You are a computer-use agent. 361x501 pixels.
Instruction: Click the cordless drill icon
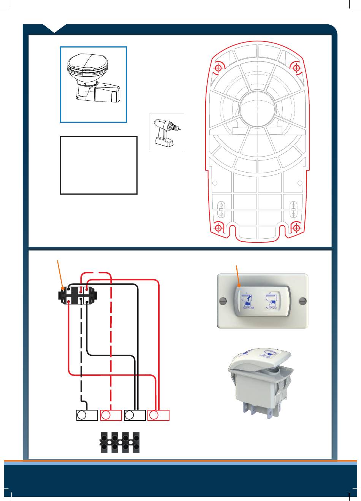point(166,132)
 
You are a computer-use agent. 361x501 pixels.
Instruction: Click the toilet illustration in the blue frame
point(93,79)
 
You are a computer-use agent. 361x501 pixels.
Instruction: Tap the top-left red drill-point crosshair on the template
point(218,68)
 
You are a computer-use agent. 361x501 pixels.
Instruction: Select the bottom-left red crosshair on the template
point(218,228)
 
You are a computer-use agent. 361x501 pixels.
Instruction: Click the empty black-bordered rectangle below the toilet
point(99,165)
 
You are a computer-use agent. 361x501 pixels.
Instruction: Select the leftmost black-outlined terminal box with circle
point(87,415)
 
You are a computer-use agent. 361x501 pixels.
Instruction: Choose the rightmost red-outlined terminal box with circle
point(158,415)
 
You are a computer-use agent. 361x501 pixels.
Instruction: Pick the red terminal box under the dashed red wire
point(111,415)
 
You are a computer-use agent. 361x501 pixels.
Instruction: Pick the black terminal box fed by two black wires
point(135,415)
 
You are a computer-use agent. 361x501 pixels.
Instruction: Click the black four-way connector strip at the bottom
point(119,442)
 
